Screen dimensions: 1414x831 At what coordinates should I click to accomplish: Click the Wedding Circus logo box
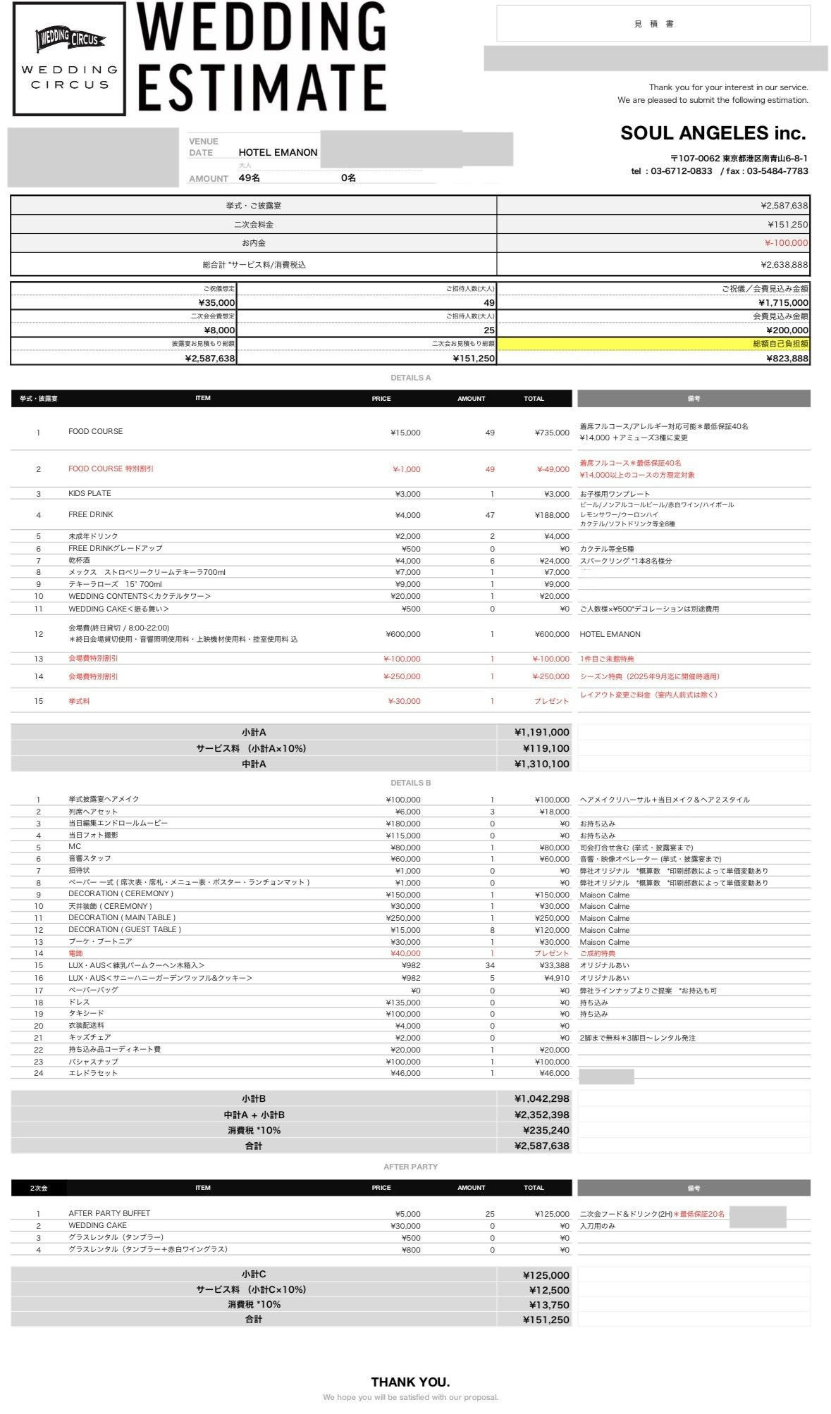pos(69,58)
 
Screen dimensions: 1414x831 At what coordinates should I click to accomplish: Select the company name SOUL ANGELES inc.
pos(713,133)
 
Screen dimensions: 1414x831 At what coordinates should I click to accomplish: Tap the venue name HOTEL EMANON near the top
pos(278,152)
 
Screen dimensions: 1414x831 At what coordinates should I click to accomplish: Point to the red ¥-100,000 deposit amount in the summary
pos(786,243)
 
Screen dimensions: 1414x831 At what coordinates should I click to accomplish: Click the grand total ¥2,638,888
pos(784,265)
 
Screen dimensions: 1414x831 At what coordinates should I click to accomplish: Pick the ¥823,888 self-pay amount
pos(787,358)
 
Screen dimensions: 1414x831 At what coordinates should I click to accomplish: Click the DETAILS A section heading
pos(410,378)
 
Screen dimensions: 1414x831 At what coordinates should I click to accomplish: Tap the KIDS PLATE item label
pos(90,493)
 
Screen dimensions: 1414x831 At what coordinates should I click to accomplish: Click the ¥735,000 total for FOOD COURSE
pos(551,433)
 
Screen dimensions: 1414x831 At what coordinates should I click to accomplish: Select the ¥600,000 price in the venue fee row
pos(402,634)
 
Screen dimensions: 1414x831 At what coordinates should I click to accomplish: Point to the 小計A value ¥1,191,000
pos(541,732)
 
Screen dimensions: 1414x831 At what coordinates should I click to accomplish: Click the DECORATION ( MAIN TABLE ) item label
pos(122,917)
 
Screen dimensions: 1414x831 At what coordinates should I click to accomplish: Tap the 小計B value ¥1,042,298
pos(541,1098)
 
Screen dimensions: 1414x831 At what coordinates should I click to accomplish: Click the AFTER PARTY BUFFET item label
pos(109,1213)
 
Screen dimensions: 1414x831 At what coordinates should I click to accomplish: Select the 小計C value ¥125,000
pos(546,1275)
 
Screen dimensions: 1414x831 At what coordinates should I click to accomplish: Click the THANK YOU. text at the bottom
pos(410,1382)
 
